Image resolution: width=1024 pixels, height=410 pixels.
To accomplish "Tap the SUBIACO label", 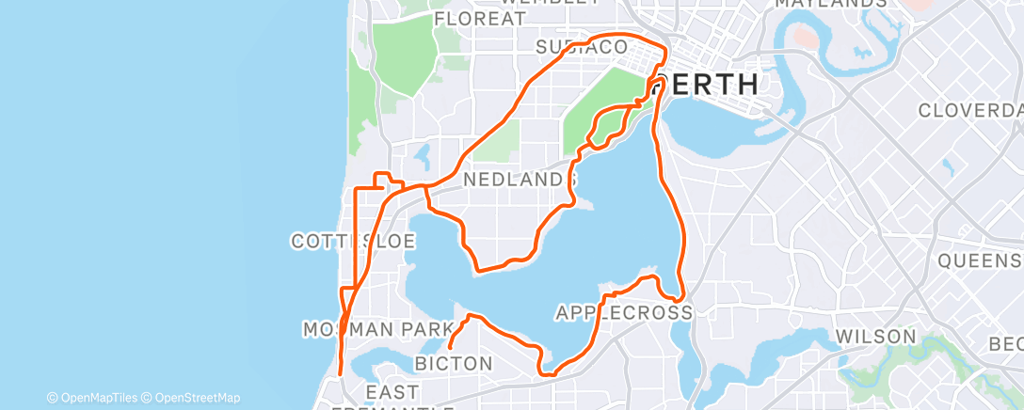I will pos(581,47).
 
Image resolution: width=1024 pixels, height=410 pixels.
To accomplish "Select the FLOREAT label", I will pos(480,19).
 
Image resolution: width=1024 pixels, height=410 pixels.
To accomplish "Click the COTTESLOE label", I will pos(353,242).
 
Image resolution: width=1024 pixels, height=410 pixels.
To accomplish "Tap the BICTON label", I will pos(454,363).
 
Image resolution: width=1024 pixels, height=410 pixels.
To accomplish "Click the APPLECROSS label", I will pos(624,311).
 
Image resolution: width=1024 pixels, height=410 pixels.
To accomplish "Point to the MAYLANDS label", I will pos(829,4).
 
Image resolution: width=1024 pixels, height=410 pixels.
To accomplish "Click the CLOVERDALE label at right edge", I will pos(970,110).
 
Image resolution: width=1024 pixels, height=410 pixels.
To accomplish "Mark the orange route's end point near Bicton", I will pos(450,348).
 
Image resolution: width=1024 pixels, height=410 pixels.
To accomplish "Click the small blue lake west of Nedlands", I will pos(422,154).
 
